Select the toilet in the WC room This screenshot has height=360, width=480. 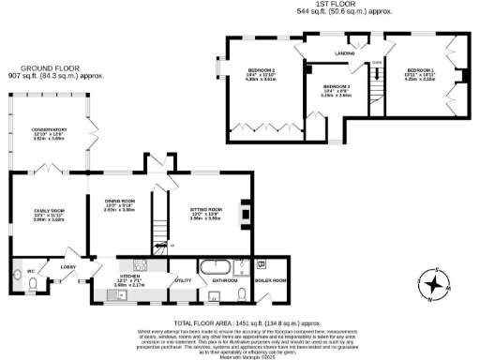[19, 276]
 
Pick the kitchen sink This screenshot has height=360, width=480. [115, 294]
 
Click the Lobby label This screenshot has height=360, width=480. [68, 267]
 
